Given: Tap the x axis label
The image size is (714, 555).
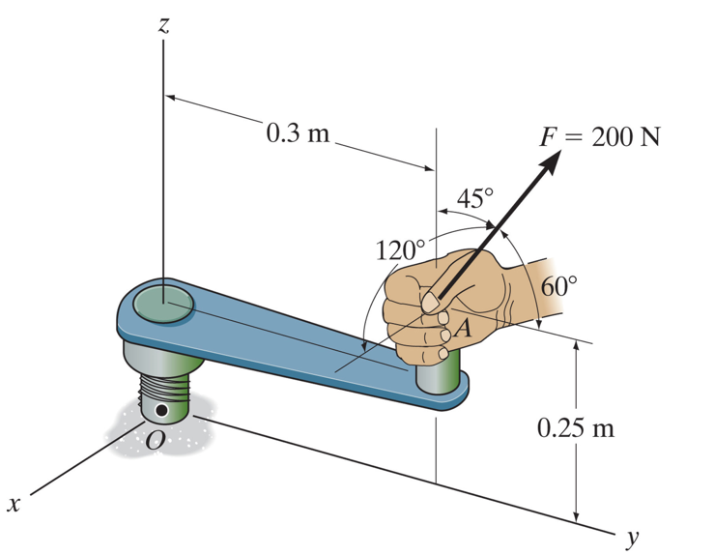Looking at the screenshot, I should (14, 504).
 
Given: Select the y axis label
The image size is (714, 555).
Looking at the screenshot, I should (634, 536).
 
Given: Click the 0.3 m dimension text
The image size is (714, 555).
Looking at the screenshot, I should (297, 132).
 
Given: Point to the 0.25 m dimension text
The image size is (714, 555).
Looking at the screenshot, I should (576, 427).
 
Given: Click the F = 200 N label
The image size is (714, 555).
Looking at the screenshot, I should (599, 136).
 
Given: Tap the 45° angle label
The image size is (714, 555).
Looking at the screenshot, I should (474, 199).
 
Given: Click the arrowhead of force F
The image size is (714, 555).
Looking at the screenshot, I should (549, 163).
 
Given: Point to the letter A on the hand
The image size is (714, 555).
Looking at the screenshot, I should (463, 329).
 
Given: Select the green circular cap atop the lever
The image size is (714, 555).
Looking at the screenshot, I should (163, 301).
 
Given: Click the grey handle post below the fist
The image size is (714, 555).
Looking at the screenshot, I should (440, 375).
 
